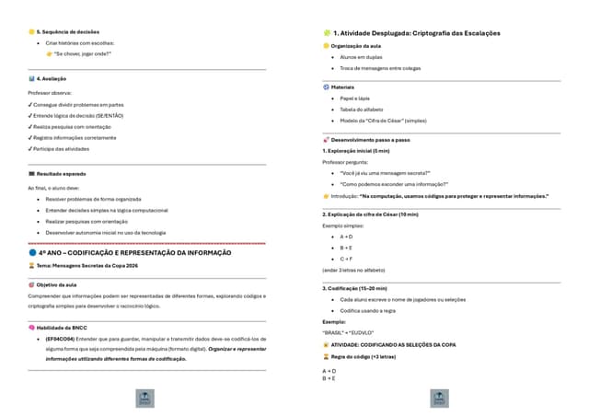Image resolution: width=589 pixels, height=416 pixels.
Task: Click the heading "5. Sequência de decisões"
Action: (x=67, y=32)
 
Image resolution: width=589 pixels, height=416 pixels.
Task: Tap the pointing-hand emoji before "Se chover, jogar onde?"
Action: (x=50, y=53)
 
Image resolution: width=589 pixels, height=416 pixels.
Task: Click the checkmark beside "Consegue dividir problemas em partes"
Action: (x=30, y=104)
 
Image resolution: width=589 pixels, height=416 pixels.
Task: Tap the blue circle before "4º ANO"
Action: (x=31, y=252)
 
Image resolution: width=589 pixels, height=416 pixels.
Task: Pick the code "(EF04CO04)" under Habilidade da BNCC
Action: (x=63, y=339)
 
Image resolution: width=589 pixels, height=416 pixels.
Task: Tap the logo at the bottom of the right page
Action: (x=441, y=399)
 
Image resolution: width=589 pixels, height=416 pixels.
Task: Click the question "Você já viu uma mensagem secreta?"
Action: (x=382, y=172)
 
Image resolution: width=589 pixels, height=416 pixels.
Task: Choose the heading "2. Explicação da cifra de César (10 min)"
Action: (x=370, y=214)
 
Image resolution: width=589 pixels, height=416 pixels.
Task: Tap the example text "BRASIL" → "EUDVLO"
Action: (x=348, y=332)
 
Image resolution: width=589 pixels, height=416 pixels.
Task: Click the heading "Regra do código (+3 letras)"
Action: (x=363, y=356)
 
